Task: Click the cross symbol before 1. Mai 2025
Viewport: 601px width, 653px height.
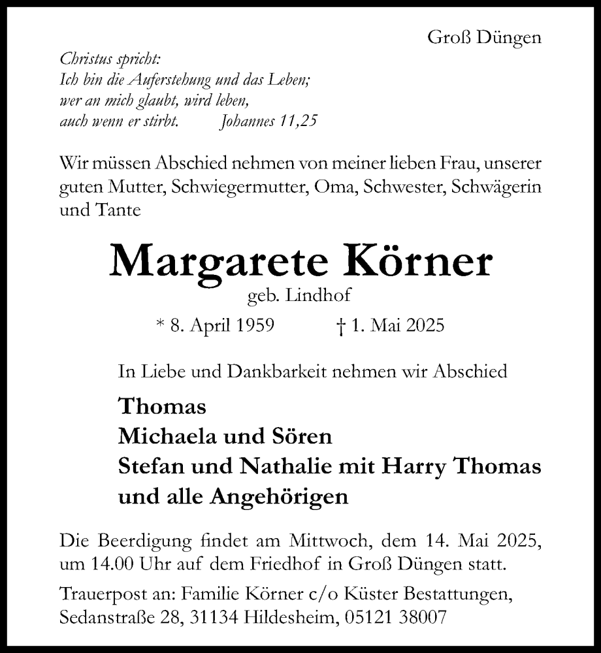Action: pyautogui.click(x=338, y=325)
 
